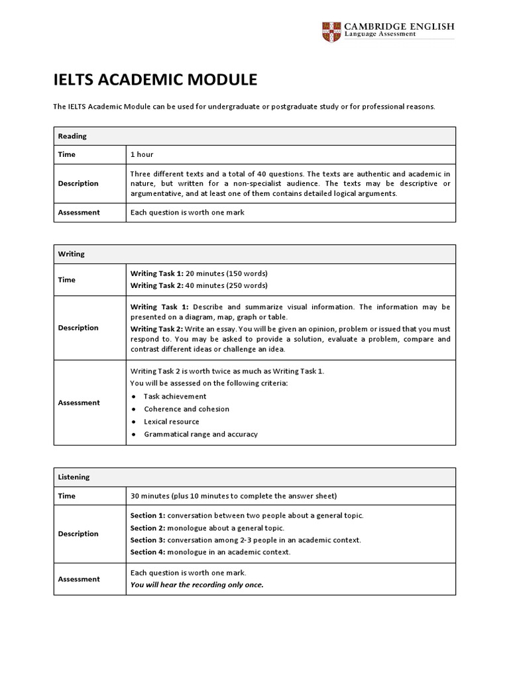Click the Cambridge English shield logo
pyautogui.click(x=330, y=31)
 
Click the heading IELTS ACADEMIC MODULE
pyautogui.click(x=154, y=80)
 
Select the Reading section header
pyautogui.click(x=72, y=136)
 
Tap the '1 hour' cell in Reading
pyautogui.click(x=142, y=154)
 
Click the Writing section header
pyautogui.click(x=72, y=254)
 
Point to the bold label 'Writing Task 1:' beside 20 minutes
pyautogui.click(x=156, y=273)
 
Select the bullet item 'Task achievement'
pyautogui.click(x=175, y=396)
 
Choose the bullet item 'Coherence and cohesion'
pyautogui.click(x=186, y=409)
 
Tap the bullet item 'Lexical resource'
pyautogui.click(x=171, y=421)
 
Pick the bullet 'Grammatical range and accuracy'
pyautogui.click(x=200, y=434)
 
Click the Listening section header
pyautogui.click(x=74, y=477)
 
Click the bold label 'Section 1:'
pyautogui.click(x=148, y=515)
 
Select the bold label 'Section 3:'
pyautogui.click(x=148, y=540)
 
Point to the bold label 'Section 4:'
pyautogui.click(x=148, y=552)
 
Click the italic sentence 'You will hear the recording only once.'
pyautogui.click(x=197, y=585)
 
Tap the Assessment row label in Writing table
pyautogui.click(x=79, y=403)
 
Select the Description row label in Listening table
pyautogui.click(x=78, y=534)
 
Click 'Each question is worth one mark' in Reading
pyautogui.click(x=188, y=213)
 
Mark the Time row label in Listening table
pyautogui.click(x=67, y=496)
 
